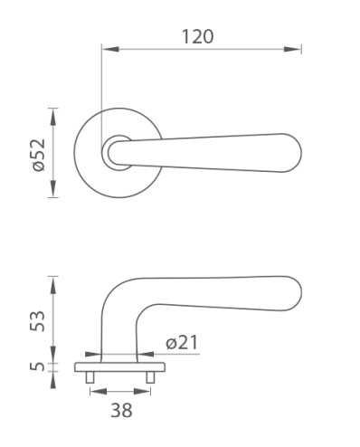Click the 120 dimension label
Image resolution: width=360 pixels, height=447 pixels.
pos(197,36)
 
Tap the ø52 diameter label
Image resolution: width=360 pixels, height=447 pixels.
pos(39,155)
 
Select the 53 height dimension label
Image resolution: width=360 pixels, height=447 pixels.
pos(37,321)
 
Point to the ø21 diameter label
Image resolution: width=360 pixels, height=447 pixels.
pos(182,343)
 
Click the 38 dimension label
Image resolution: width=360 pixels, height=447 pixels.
pos(121,411)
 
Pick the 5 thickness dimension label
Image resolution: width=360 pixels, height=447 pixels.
pos(37,366)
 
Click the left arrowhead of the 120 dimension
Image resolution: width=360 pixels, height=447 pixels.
pos(110,49)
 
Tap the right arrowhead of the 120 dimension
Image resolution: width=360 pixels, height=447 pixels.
pos(292,49)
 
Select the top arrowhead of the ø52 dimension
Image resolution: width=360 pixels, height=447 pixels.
pos(53,117)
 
